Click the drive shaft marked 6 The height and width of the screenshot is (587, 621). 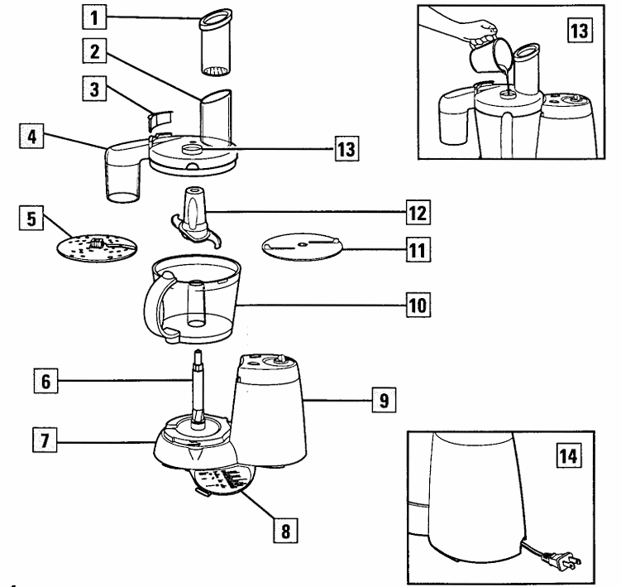[199, 389]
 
